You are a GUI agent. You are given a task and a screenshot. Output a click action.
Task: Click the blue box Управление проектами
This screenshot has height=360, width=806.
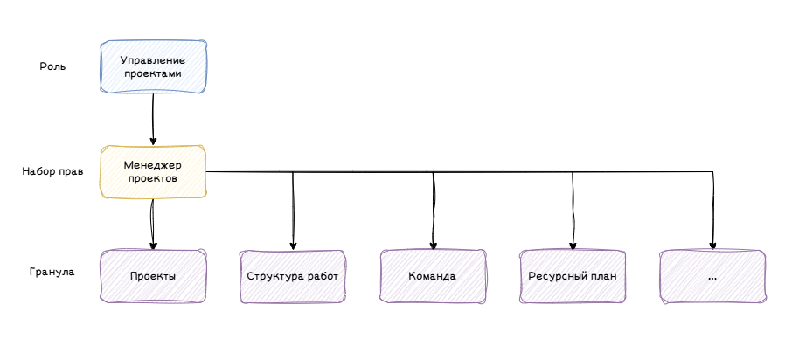point(153,66)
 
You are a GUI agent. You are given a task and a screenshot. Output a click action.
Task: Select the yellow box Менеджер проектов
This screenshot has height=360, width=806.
point(153,171)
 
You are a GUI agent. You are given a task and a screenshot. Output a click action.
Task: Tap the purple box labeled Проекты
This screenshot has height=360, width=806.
point(153,276)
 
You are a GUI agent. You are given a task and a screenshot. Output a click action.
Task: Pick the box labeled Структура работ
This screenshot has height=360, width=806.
point(293,276)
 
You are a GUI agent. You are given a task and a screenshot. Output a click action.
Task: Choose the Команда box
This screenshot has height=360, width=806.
point(433,276)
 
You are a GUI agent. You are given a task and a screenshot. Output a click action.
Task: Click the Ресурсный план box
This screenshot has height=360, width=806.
point(573,276)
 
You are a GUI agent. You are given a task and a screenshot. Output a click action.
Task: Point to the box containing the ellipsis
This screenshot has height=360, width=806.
point(712,276)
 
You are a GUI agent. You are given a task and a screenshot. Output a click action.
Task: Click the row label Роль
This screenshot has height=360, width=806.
point(53,66)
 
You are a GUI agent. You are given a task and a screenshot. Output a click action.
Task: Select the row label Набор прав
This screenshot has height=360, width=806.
point(53,171)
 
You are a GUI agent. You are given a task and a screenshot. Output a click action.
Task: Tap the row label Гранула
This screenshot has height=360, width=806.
point(52,272)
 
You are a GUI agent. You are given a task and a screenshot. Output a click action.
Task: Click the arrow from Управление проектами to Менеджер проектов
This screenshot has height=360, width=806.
point(153,120)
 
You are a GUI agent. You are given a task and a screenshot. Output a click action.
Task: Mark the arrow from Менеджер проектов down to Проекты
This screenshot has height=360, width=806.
point(153,225)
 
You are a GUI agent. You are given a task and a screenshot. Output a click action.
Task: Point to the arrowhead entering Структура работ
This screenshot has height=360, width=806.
point(293,246)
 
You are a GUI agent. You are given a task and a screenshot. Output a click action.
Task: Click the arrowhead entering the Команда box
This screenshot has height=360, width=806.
point(434,246)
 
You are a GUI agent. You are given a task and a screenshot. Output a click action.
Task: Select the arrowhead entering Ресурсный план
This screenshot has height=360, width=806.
point(573,246)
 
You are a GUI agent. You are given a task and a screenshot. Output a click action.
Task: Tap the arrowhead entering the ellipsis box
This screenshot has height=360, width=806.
point(712,246)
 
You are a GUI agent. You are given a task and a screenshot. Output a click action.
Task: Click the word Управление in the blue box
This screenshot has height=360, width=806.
point(153,61)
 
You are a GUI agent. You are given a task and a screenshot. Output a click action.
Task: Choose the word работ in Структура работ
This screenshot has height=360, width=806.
point(323,277)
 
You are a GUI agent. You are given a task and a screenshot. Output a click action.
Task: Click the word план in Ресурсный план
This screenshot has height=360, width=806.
point(604,276)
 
